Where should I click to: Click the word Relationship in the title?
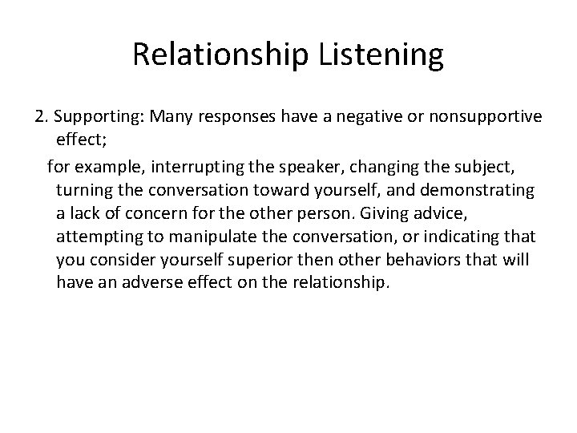click(216, 55)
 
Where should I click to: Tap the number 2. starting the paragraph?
click(42, 117)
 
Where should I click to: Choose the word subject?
click(440, 166)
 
